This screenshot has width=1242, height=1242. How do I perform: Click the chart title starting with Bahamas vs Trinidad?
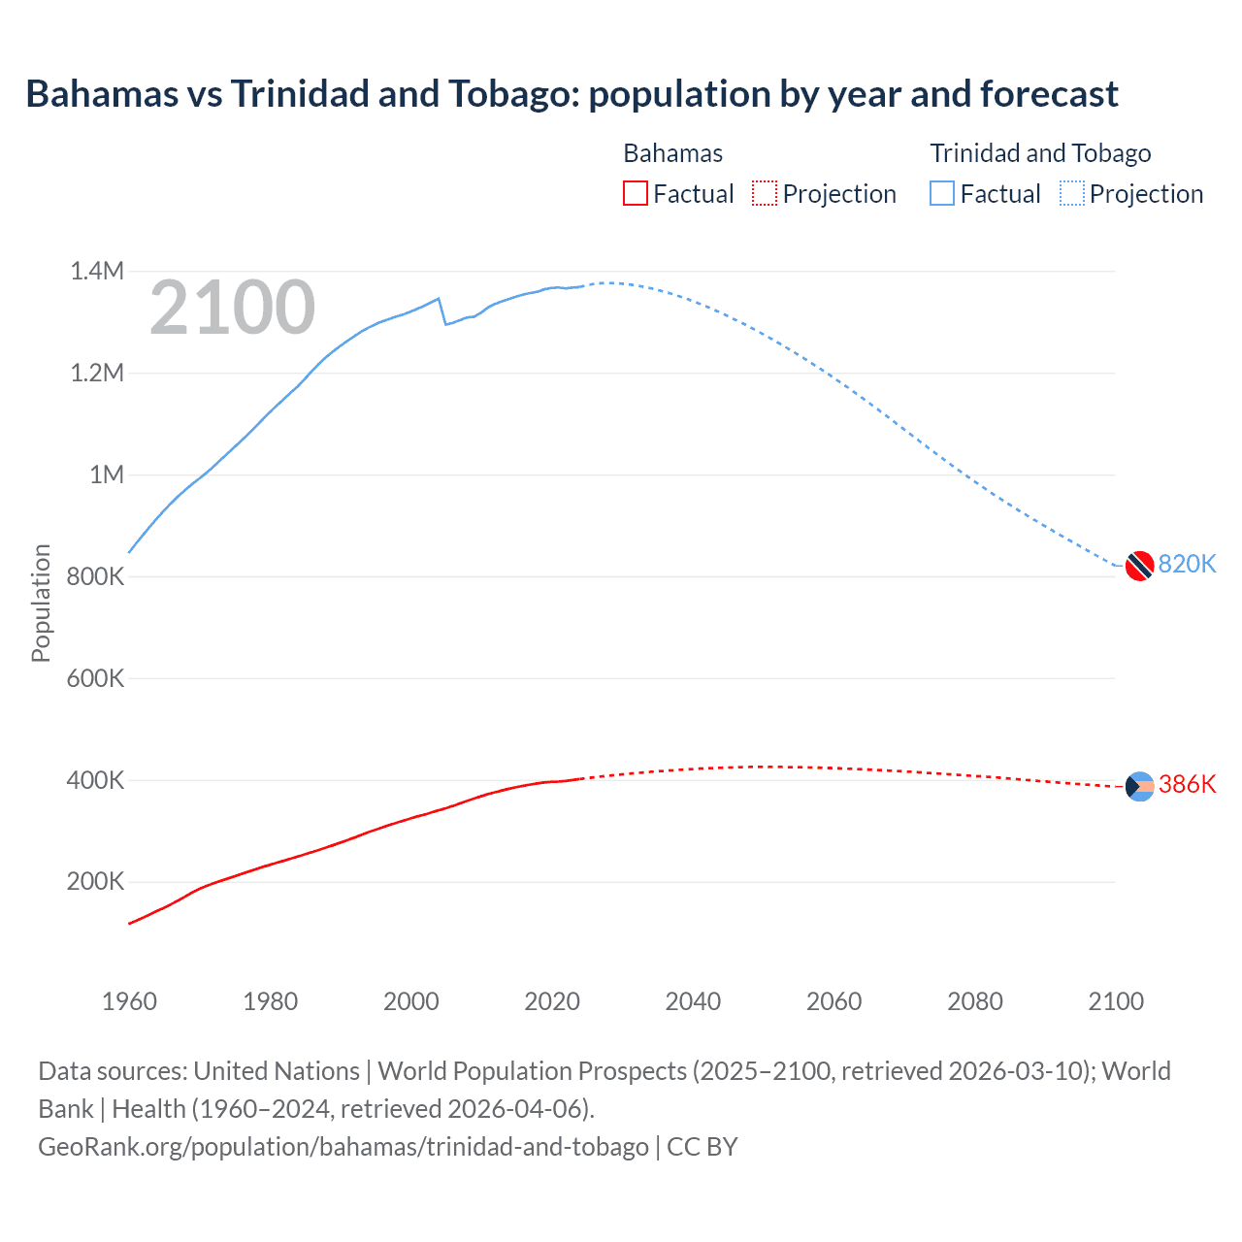(x=572, y=94)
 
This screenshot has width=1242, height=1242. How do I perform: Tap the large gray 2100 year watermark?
(x=232, y=308)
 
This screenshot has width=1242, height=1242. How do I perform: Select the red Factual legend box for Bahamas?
(x=635, y=194)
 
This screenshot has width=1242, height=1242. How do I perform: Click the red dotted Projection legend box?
(x=765, y=194)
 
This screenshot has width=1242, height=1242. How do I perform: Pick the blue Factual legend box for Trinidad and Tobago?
(x=941, y=194)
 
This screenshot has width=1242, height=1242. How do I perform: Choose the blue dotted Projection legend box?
(x=1071, y=194)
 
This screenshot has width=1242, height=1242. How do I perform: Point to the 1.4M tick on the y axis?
(x=97, y=271)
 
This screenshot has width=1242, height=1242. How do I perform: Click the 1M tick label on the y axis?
(x=107, y=474)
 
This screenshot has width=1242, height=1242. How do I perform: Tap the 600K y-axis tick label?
(x=95, y=678)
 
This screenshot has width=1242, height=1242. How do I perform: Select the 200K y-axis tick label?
(x=95, y=882)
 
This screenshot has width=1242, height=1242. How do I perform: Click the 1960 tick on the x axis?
(x=129, y=1001)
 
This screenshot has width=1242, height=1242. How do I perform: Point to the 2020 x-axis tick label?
(x=552, y=1001)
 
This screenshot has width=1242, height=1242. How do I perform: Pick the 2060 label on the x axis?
(x=833, y=1001)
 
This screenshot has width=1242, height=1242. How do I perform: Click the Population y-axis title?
(x=41, y=603)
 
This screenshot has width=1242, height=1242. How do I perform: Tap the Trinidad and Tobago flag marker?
(x=1139, y=565)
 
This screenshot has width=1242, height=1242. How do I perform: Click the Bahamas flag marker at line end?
(x=1139, y=786)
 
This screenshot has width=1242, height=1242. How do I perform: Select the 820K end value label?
(x=1187, y=565)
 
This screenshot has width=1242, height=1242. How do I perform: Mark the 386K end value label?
(x=1187, y=785)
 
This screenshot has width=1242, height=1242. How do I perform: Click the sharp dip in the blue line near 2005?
(x=445, y=323)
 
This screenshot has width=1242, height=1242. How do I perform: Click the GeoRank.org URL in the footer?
(x=343, y=1147)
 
